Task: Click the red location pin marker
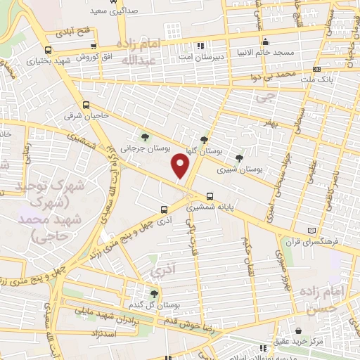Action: [x=181, y=165]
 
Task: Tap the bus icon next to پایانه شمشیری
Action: [x=210, y=197]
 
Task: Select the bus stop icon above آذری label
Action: [x=164, y=209]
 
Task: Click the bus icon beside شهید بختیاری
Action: [x=48, y=51]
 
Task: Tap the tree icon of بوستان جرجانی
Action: [x=145, y=137]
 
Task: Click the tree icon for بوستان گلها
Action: [x=204, y=139]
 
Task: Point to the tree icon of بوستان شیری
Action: [x=240, y=157]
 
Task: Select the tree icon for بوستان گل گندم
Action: [x=155, y=293]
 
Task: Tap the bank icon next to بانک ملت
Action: [x=317, y=69]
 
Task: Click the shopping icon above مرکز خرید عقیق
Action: [x=300, y=330]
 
